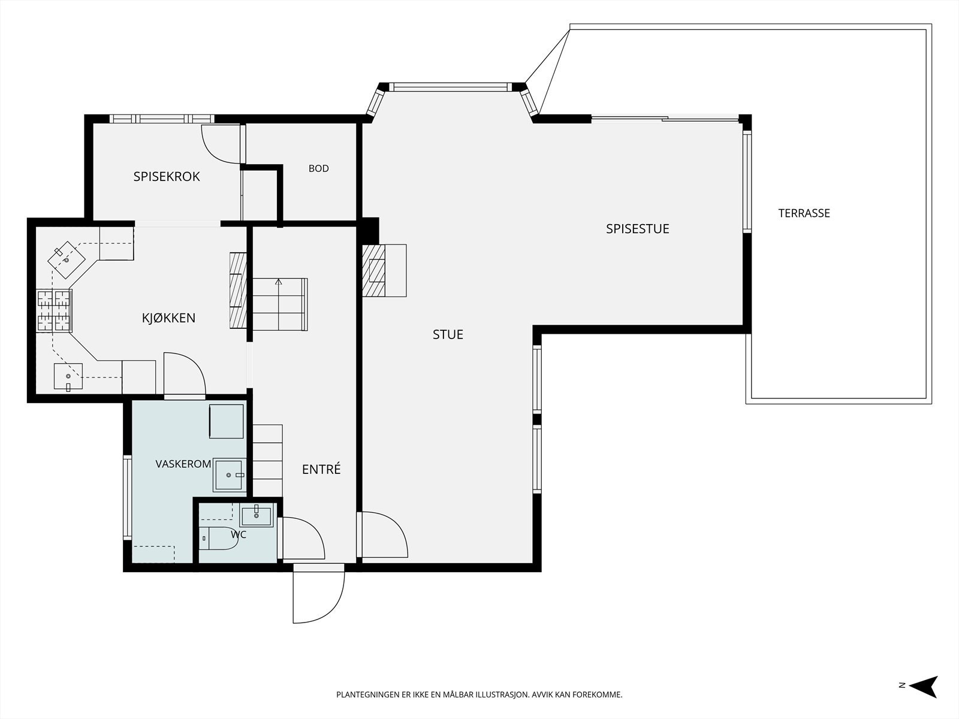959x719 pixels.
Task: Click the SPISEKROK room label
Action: [167, 176]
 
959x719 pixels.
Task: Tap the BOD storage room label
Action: [318, 168]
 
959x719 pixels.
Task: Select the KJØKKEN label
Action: [168, 318]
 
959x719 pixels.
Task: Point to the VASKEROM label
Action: [183, 464]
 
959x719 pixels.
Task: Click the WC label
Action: [239, 534]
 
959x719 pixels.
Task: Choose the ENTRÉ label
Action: [321, 469]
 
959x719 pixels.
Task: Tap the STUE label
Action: [448, 334]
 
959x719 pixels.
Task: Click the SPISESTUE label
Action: [638, 229]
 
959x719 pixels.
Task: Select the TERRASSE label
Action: [804, 213]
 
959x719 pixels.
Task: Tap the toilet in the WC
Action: [218, 538]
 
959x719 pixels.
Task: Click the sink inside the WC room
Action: [257, 515]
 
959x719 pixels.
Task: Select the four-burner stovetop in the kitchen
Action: [54, 310]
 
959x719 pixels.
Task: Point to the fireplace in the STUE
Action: [384, 271]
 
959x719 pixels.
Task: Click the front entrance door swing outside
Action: [319, 594]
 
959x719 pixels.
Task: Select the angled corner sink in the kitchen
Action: [67, 260]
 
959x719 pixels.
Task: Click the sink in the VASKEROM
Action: [228, 475]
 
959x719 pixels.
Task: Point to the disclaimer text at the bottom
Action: [479, 694]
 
